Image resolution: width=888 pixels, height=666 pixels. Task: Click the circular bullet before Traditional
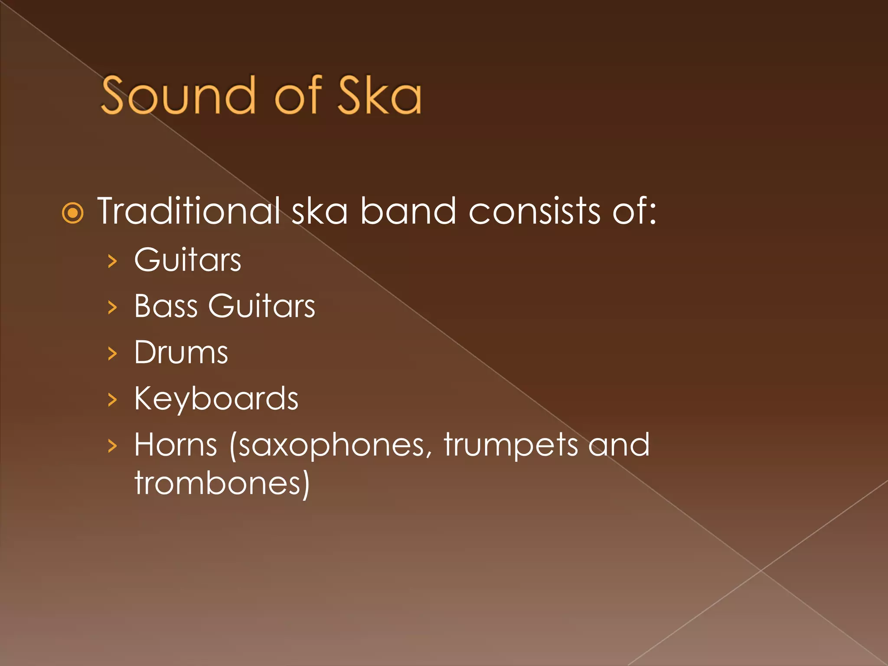tap(72, 213)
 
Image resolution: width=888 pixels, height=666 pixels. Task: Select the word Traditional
tap(189, 211)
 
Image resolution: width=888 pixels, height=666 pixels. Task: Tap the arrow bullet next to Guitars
tap(112, 261)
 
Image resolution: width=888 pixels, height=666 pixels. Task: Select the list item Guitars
tap(187, 260)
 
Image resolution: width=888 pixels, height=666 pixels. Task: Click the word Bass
tap(166, 306)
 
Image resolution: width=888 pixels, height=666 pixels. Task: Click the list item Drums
tap(181, 352)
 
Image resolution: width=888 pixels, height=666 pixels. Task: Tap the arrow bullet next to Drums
tap(112, 353)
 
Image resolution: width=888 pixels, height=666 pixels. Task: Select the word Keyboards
tap(216, 399)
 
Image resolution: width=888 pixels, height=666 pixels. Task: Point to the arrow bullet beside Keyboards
tap(112, 400)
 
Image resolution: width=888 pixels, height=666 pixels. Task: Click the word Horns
tap(176, 445)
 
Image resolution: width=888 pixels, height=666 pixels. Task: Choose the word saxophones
tap(330, 446)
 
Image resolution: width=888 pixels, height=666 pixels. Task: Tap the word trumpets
tap(510, 446)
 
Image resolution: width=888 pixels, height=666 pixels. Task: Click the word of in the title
tap(299, 95)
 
